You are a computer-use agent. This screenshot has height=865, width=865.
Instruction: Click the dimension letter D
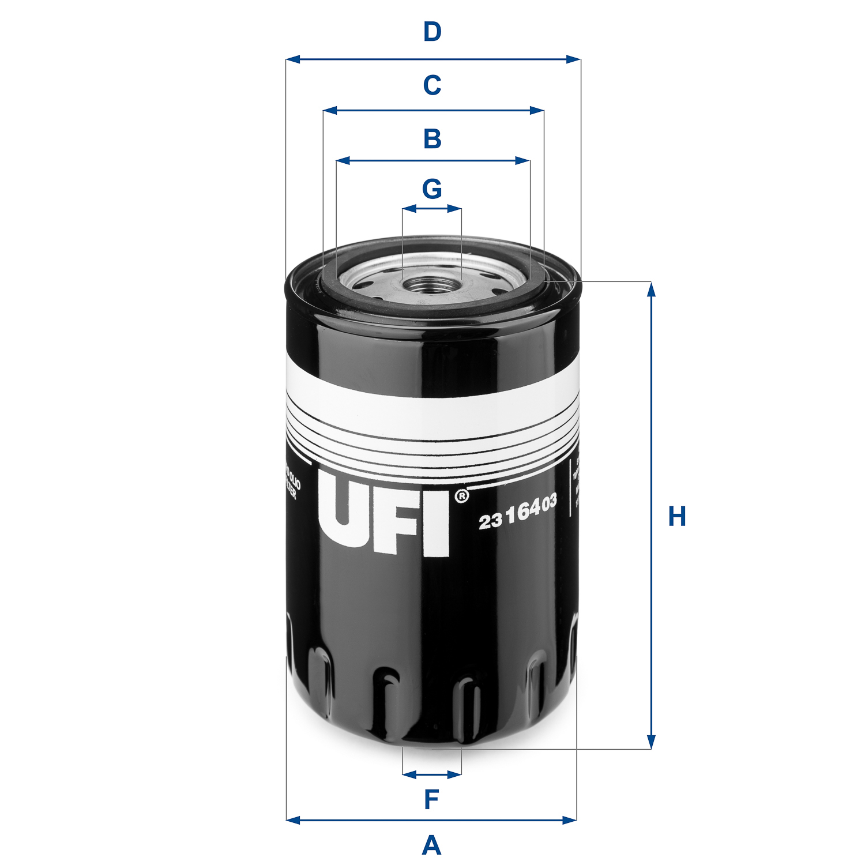pos(432,32)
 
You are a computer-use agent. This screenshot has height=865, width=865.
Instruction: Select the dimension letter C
pos(432,85)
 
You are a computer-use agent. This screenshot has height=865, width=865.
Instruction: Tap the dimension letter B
pos(432,139)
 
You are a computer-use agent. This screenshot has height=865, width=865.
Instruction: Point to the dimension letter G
pos(432,189)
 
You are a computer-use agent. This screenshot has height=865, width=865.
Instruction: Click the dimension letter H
pos(676,517)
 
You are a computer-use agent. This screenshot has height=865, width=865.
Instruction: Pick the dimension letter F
pos(431,800)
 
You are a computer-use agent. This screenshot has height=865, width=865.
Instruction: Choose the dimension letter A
pos(431,846)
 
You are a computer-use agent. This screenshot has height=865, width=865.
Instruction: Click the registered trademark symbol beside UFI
pos(462,496)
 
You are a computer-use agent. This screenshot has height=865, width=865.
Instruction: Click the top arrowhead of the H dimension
pos(651,289)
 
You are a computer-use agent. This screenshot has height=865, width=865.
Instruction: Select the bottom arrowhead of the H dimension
pos(651,742)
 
